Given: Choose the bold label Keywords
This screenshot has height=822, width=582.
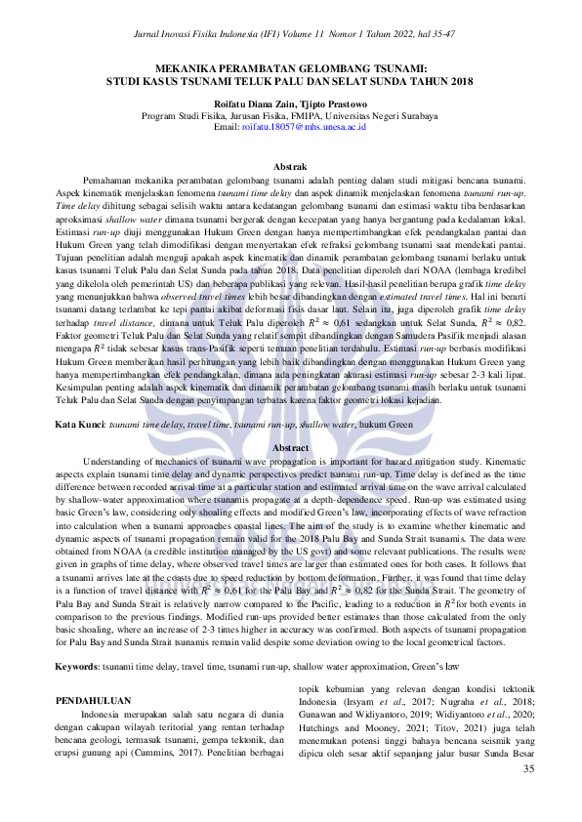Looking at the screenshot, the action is click(x=81, y=667).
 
